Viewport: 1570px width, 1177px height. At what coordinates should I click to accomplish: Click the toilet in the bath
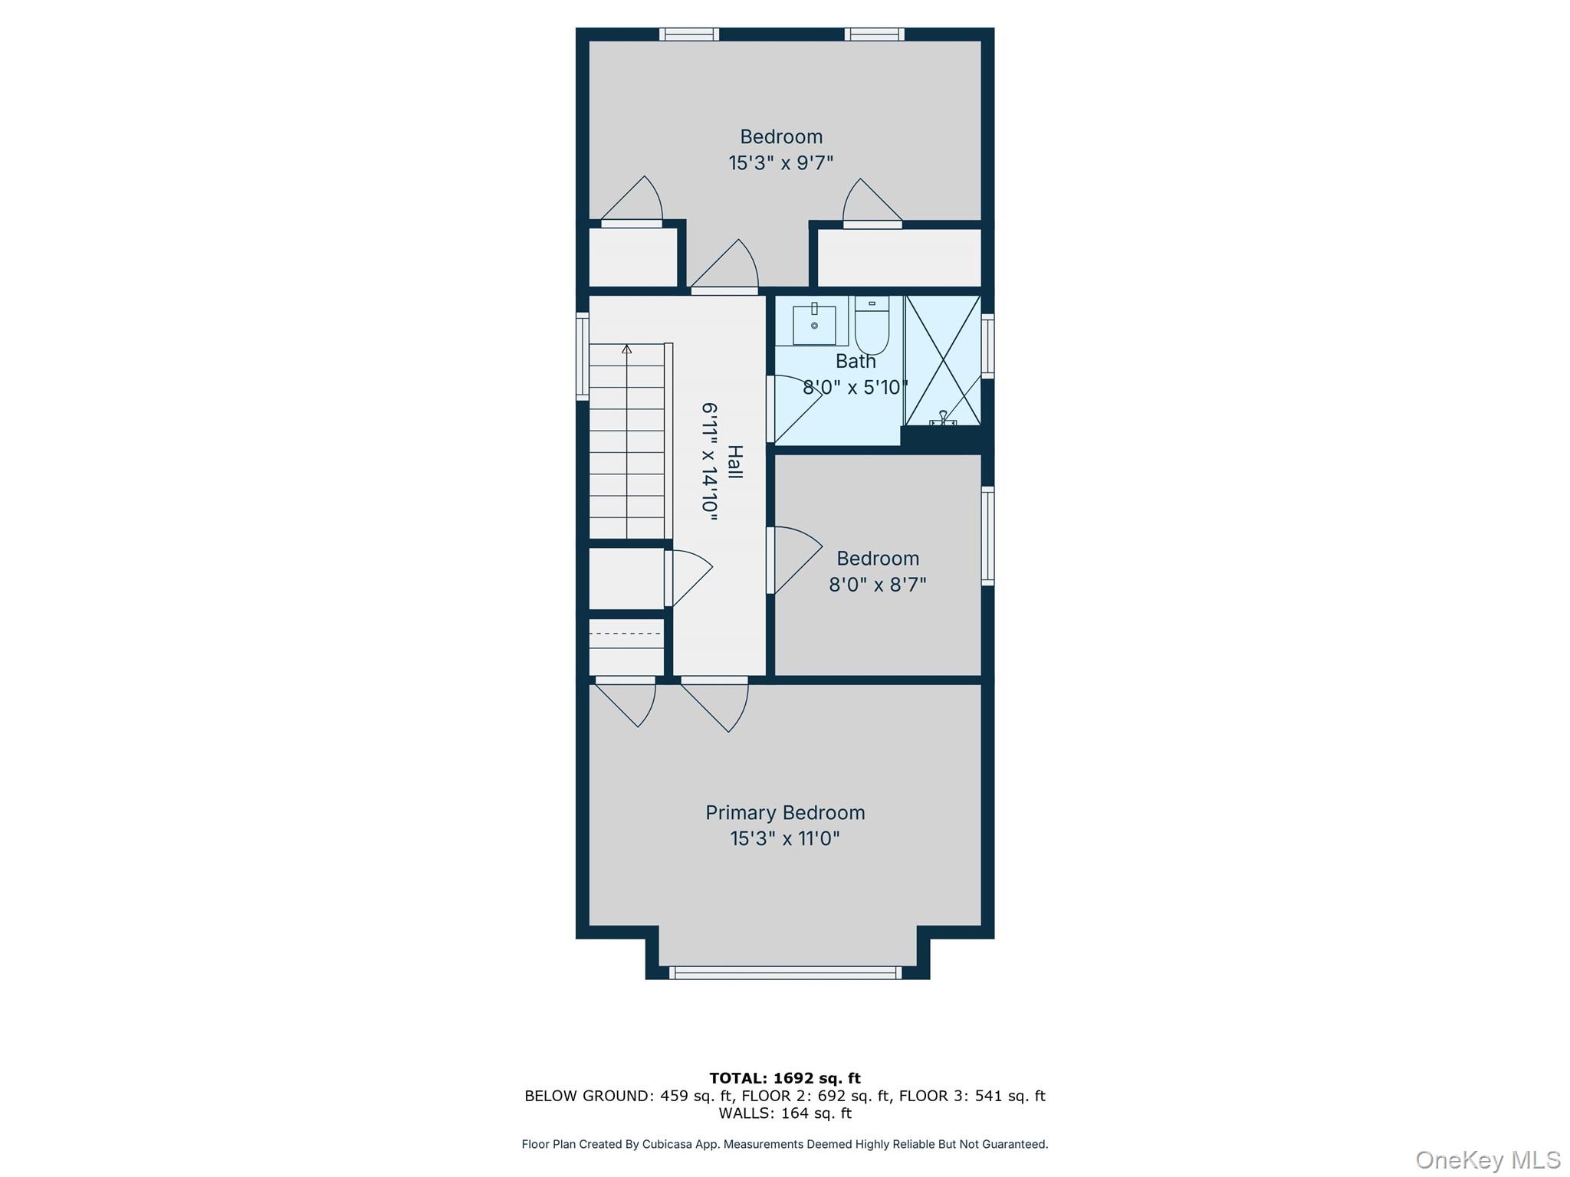(872, 327)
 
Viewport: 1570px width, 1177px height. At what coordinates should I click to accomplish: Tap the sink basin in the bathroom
(814, 326)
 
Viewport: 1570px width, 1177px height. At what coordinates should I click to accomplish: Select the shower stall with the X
(943, 360)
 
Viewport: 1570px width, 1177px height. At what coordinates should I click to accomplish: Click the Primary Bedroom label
(785, 813)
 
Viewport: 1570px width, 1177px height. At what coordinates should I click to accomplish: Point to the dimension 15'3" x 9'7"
(780, 163)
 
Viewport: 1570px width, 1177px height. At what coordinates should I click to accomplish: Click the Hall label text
(735, 462)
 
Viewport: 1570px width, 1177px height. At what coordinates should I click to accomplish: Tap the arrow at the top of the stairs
(627, 349)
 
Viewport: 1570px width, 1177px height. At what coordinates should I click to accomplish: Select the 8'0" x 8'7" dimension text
(877, 585)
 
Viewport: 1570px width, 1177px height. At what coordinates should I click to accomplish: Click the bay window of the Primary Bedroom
(785, 973)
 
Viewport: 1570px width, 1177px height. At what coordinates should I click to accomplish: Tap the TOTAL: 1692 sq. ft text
(785, 1078)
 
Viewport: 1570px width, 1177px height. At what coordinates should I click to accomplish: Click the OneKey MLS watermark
(1487, 1159)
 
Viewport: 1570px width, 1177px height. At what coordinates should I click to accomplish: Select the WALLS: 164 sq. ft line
(785, 1113)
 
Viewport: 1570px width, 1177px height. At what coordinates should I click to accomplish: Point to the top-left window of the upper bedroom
(689, 34)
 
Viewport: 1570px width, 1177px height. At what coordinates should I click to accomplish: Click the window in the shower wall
(988, 346)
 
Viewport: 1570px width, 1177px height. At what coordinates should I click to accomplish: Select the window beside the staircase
(583, 357)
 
